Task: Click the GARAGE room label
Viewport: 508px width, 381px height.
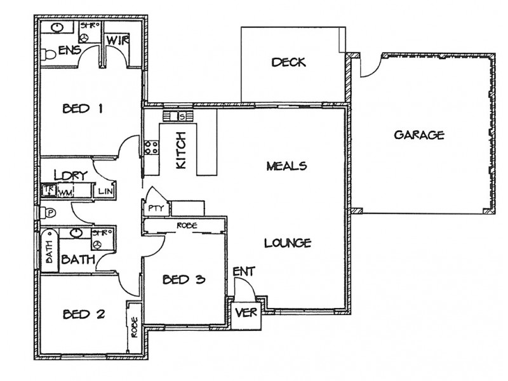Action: click(418, 135)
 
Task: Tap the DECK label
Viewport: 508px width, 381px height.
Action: click(289, 62)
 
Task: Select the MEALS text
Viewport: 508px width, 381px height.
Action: click(286, 166)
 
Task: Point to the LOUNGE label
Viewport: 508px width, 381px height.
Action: click(287, 243)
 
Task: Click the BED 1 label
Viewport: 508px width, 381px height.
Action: click(83, 109)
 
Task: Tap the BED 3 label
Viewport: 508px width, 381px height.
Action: click(183, 279)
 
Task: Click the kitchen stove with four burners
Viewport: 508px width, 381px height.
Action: click(151, 149)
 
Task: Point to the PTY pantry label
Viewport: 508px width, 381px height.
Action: click(155, 208)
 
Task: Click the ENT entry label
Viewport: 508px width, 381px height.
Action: click(244, 272)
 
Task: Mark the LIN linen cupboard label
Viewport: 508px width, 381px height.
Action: click(105, 190)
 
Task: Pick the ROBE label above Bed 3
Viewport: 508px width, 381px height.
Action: click(185, 225)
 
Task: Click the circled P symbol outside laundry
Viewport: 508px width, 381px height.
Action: click(48, 212)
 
